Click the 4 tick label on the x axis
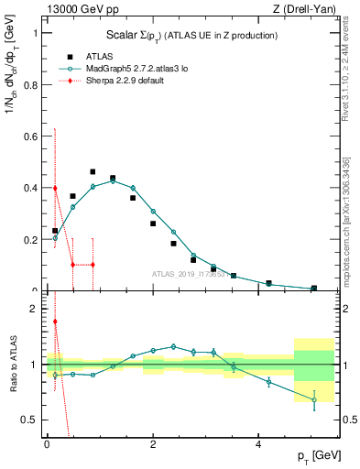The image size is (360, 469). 259,444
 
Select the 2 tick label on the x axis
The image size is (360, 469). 153,444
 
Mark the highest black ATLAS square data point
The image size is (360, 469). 93,171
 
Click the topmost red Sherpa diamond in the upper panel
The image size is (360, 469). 55,188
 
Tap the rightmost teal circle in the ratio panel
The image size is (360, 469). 314,399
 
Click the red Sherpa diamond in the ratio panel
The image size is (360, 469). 55,321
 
